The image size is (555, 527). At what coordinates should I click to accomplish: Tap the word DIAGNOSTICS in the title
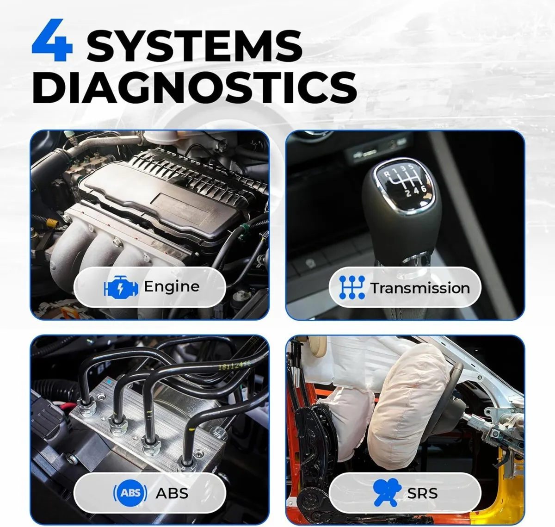194,87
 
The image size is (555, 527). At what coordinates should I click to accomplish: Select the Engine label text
172,286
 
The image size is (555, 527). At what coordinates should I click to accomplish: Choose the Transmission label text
420,288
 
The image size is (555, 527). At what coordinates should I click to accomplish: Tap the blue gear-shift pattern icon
351,287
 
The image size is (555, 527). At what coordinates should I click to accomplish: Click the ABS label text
172,493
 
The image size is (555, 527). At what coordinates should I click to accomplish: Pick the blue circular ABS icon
130,493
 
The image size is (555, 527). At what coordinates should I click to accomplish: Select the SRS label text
422,493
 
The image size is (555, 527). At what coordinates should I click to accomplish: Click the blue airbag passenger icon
386,493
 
